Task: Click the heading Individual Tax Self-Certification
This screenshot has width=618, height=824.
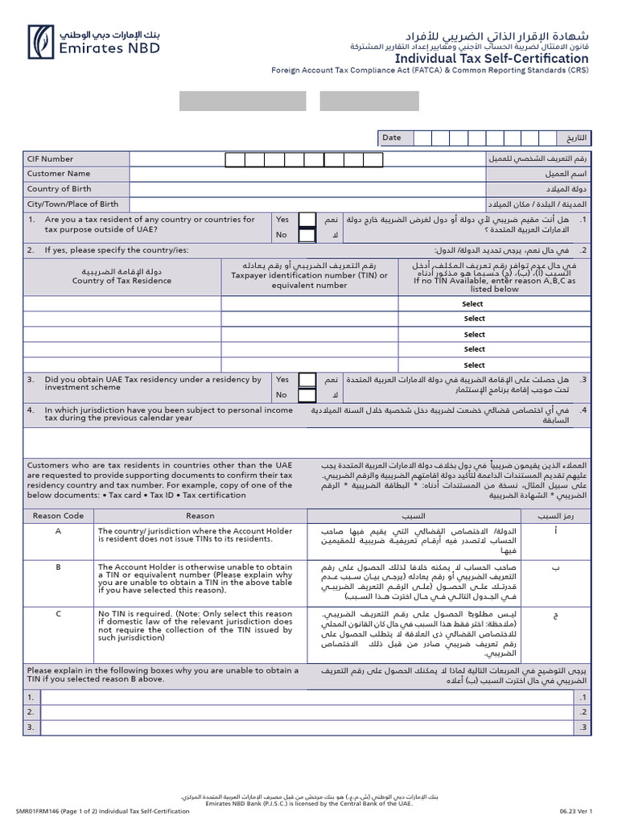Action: tap(491, 59)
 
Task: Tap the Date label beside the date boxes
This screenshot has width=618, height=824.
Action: tap(392, 138)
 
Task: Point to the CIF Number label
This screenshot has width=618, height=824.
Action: tap(50, 159)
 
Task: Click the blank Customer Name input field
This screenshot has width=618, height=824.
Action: tap(306, 174)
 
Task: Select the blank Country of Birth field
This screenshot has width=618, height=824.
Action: tap(306, 189)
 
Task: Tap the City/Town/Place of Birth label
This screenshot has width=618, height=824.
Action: tap(72, 204)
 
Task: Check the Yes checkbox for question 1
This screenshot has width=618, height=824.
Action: tap(307, 220)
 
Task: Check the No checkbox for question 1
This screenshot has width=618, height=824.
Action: tap(307, 236)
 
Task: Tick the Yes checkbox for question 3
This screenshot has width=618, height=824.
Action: tap(307, 380)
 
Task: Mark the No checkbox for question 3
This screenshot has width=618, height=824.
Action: tap(307, 395)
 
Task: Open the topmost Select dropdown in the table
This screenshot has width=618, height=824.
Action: tap(473, 304)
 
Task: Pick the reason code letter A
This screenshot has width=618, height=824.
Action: tap(58, 532)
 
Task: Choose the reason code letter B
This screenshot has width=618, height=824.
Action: tap(58, 566)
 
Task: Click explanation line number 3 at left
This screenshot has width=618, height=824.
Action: tap(31, 727)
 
